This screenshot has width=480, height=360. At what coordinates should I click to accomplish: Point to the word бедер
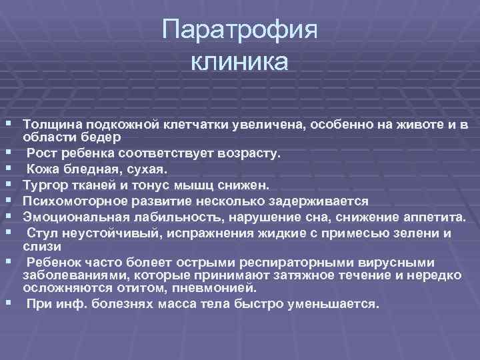point(101,137)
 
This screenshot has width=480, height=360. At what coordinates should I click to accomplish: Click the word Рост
point(42,153)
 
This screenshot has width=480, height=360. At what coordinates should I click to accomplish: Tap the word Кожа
point(44,169)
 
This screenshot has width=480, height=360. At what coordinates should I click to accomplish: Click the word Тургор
point(45,184)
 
